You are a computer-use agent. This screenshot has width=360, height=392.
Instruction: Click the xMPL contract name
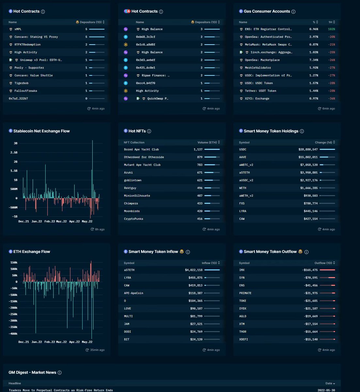pyautogui.click(x=18, y=29)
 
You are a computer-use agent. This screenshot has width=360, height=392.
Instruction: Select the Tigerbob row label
pyautogui.click(x=22, y=83)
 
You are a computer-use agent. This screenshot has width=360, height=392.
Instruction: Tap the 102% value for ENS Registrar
pyautogui.click(x=332, y=29)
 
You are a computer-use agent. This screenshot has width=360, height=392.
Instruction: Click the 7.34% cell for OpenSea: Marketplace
pyautogui.click(x=314, y=60)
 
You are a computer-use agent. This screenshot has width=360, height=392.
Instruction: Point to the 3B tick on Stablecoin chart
pyautogui.click(x=16, y=143)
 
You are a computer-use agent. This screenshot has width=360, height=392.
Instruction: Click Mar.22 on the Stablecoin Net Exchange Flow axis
pyautogui.click(x=61, y=221)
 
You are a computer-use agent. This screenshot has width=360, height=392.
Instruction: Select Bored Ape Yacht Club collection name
pyautogui.click(x=141, y=150)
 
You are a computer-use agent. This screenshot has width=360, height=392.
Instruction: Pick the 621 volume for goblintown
pyautogui.click(x=200, y=180)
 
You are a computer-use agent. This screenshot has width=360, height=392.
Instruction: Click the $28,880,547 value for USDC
pyautogui.click(x=308, y=150)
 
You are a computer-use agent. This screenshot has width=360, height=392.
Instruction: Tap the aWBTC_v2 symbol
pyautogui.click(x=246, y=165)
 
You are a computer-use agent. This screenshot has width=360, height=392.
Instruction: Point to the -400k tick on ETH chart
pyautogui.click(x=13, y=334)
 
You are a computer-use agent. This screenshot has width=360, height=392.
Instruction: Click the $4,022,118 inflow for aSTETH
pyautogui.click(x=194, y=270)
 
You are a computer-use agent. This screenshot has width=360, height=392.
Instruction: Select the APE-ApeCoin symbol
pyautogui.click(x=133, y=293)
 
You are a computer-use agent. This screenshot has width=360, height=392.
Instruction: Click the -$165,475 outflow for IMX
pyautogui.click(x=310, y=270)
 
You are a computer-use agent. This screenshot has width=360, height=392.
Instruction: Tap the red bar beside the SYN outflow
pyautogui.click(x=332, y=278)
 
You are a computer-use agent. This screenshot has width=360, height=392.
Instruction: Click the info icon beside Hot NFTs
pyautogui.click(x=149, y=131)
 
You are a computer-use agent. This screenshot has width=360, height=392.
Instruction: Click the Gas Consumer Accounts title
pyautogui.click(x=267, y=11)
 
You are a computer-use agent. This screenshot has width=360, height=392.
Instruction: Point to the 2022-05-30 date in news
pyautogui.click(x=326, y=390)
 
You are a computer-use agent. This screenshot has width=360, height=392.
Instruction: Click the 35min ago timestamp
pyautogui.click(x=97, y=350)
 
